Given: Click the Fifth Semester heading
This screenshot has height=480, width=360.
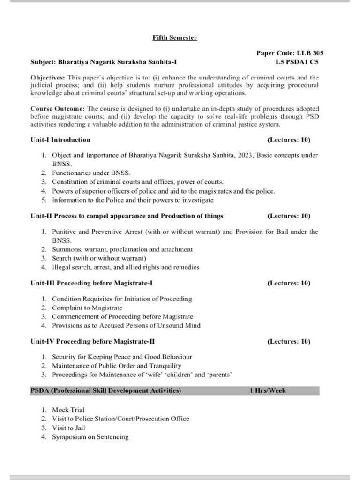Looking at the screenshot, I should [x=174, y=37].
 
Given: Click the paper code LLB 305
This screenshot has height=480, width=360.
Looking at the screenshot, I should [x=290, y=53].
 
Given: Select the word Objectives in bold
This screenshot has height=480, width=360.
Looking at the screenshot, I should [x=48, y=77].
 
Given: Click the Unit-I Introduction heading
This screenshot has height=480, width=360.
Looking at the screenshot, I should [x=60, y=140].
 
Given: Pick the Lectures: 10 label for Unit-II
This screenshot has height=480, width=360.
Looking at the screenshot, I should [x=289, y=216].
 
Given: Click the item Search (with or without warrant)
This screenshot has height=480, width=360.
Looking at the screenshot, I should [x=99, y=258].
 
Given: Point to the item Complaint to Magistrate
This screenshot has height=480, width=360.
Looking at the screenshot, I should [x=87, y=308].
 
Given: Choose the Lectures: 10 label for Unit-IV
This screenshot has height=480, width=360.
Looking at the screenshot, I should [x=289, y=342].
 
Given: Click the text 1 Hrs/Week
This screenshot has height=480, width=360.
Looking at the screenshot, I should [x=267, y=390].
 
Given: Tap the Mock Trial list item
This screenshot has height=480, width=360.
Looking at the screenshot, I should [x=68, y=410].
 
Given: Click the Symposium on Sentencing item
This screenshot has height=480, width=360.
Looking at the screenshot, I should [x=90, y=437].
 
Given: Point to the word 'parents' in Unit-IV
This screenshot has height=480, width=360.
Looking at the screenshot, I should [x=220, y=375].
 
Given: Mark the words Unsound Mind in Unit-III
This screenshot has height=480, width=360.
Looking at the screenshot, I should [x=181, y=325].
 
